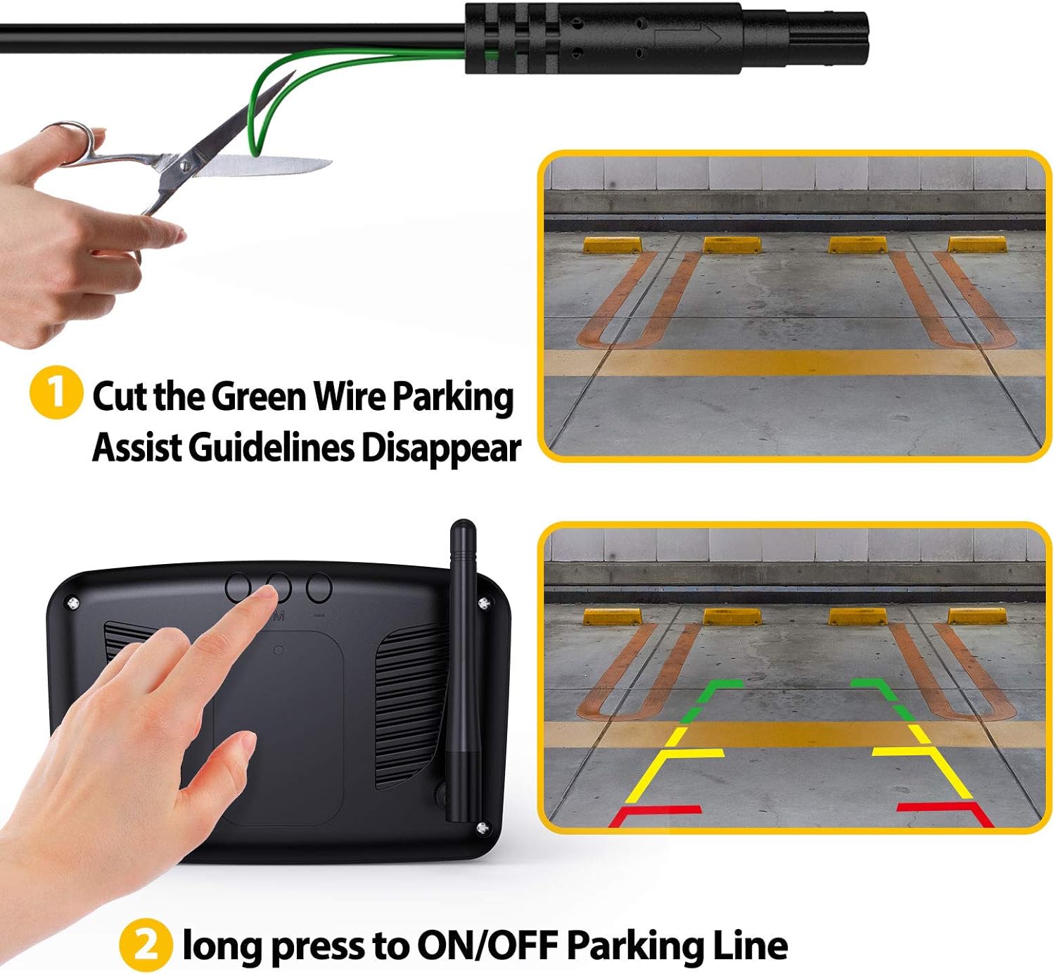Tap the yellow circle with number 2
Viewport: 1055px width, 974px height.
click(x=145, y=944)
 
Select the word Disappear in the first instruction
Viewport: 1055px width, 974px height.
click(x=441, y=448)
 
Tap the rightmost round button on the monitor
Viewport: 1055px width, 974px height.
click(x=319, y=587)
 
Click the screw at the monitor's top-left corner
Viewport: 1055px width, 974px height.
click(x=72, y=602)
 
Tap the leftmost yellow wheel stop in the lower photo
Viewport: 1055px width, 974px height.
click(x=612, y=617)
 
